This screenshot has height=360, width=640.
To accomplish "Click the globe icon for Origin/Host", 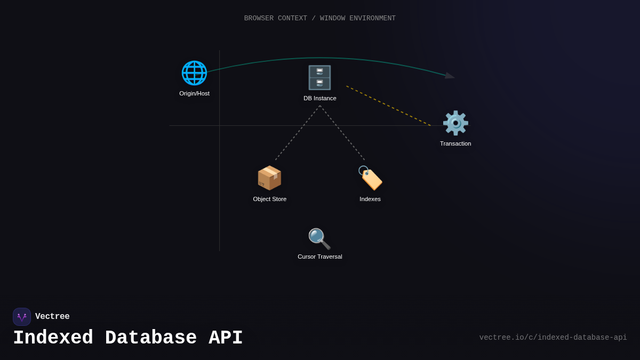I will click(x=194, y=73).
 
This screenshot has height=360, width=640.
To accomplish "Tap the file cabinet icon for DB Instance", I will click(x=319, y=78).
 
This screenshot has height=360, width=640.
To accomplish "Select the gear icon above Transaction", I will click(x=455, y=123).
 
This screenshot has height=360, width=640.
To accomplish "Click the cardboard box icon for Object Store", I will click(x=269, y=178).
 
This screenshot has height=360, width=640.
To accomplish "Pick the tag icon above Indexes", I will click(x=370, y=178).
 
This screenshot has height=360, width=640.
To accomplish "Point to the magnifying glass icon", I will click(x=319, y=239).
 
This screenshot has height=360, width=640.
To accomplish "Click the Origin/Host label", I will click(x=194, y=93).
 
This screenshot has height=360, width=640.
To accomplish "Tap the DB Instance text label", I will click(x=320, y=98).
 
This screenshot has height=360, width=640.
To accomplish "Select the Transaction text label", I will click(x=455, y=143).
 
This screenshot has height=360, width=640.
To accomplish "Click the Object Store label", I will click(x=269, y=199).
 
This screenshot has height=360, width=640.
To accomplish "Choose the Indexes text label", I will click(x=370, y=199).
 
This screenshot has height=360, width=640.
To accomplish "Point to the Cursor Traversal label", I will click(x=320, y=257).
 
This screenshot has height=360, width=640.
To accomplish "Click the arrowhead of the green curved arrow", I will click(x=450, y=76).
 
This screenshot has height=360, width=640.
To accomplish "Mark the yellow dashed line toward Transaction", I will click(x=388, y=106).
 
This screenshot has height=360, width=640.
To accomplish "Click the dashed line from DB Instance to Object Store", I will click(x=298, y=133).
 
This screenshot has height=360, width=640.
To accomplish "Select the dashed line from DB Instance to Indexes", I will click(x=342, y=133).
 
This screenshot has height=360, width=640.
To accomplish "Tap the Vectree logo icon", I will click(x=22, y=317).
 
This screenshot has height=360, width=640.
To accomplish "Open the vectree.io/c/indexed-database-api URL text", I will click(x=553, y=338).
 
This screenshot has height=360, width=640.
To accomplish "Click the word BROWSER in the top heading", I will click(x=259, y=18).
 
